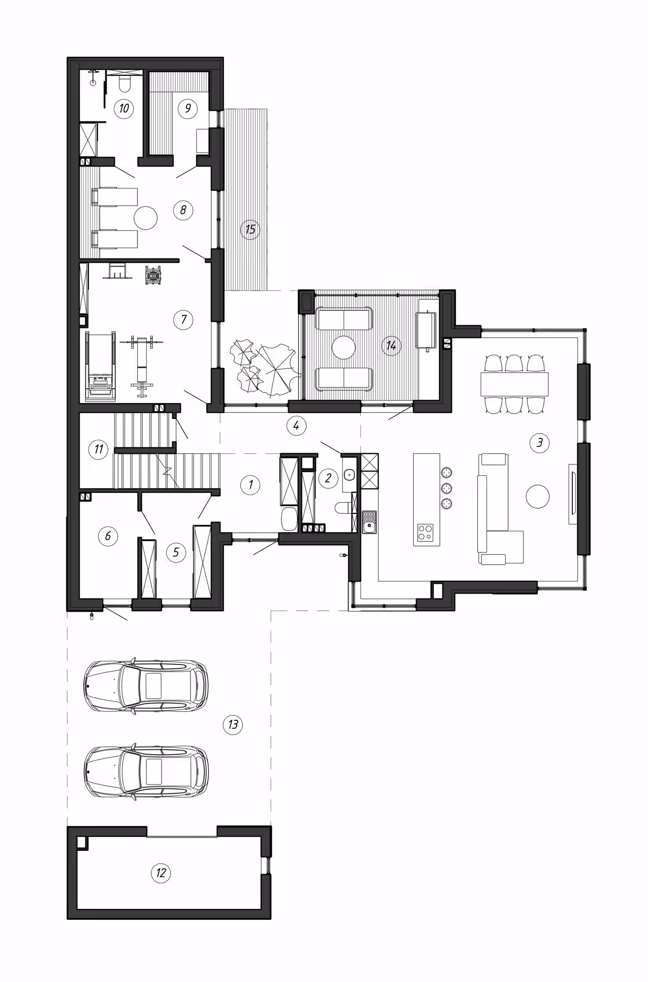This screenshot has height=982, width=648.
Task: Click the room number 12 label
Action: tap(161, 873)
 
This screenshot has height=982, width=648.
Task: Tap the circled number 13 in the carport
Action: tap(233, 724)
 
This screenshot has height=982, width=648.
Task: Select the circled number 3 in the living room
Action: tap(540, 442)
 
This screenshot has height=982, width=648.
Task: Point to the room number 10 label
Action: tap(124, 108)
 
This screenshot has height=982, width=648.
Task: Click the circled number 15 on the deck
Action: tap(250, 229)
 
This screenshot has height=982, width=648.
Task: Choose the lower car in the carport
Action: tap(146, 772)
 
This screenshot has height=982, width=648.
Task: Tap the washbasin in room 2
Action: tap(349, 475)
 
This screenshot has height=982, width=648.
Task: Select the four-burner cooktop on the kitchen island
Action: tap(425, 532)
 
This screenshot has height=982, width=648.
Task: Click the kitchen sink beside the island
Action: tap(369, 522)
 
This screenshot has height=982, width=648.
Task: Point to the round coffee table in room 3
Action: tap(538, 497)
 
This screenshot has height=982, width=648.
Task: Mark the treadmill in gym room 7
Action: tap(101, 366)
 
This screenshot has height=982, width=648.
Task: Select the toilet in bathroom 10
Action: tap(124, 83)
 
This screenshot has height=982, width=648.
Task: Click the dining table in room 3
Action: tap(514, 384)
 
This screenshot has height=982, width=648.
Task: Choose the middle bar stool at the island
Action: tap(447, 488)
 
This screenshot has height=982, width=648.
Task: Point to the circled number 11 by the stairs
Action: tap(99, 449)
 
